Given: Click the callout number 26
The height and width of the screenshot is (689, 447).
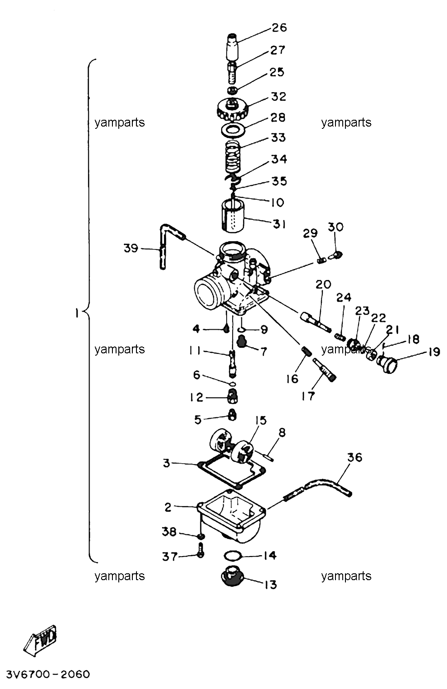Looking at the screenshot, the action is coord(279,28).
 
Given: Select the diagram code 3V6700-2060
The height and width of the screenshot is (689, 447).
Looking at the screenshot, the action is coord(48,674).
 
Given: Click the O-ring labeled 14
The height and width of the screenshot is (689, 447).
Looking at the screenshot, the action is coord(233,556).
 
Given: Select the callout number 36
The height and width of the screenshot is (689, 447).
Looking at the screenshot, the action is coord(355,457).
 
